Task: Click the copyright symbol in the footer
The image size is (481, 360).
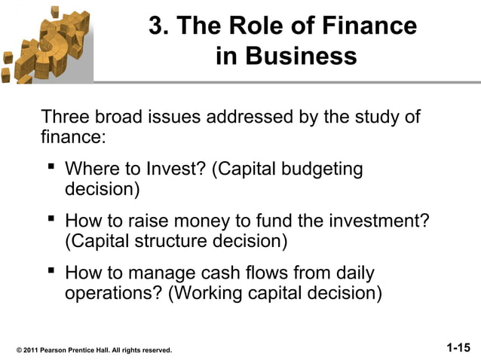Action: coord(19,350)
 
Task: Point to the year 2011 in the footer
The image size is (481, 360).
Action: coord(32,350)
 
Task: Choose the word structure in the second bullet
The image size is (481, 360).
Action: coord(171,242)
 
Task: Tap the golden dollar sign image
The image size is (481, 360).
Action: coord(45,41)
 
